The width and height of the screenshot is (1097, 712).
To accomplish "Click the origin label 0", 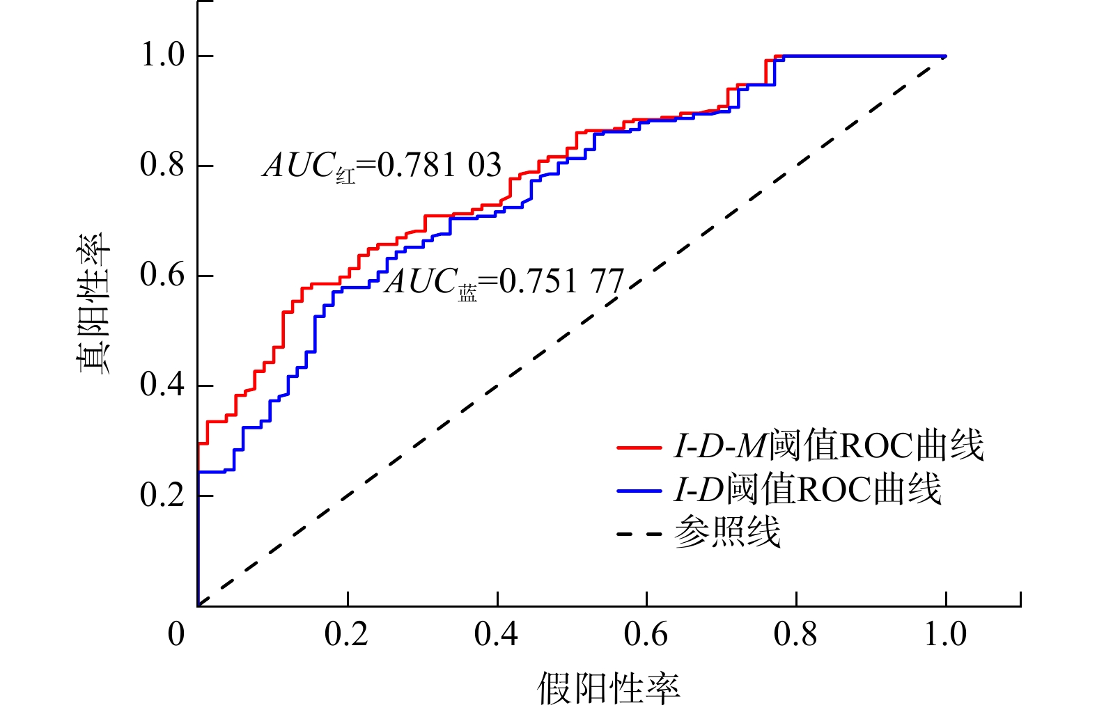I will point(176,634).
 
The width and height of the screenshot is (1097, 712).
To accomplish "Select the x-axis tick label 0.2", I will point(346,634).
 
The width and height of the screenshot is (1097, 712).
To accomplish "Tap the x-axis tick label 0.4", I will point(496,634).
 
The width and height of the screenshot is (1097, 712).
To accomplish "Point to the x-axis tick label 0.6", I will point(646,634).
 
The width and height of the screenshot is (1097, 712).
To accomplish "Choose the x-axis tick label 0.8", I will point(795,634).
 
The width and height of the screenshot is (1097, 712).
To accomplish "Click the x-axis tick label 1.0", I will point(945,634).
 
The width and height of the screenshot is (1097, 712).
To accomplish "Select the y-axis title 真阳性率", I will point(93,303).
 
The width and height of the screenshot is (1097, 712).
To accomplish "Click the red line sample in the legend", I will point(638,447).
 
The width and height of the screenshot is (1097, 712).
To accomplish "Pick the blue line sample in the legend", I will point(638,491).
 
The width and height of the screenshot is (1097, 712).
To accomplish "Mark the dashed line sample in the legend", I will point(638,535).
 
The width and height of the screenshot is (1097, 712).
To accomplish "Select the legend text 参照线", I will point(727,533).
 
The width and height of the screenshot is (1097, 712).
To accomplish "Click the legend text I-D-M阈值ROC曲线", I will point(828,446).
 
